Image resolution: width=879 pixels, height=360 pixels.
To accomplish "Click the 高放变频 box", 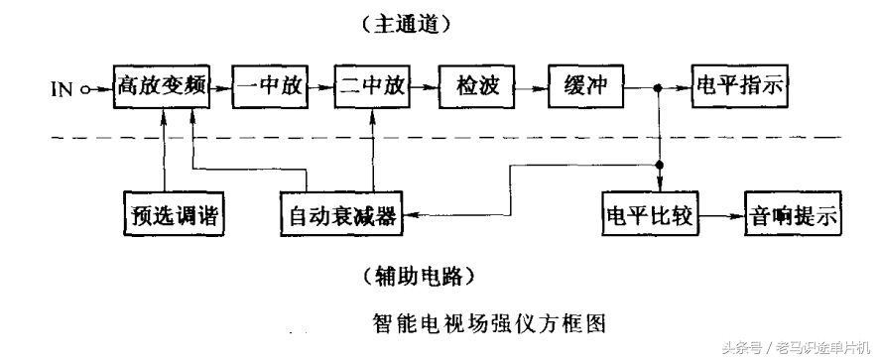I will click(161, 88).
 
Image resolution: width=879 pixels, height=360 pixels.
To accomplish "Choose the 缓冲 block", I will click(583, 88).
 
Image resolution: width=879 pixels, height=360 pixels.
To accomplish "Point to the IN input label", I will click(63, 89).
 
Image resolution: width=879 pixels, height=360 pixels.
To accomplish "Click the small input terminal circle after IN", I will click(86, 89).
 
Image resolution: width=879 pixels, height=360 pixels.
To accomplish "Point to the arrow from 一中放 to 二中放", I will click(319, 88).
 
